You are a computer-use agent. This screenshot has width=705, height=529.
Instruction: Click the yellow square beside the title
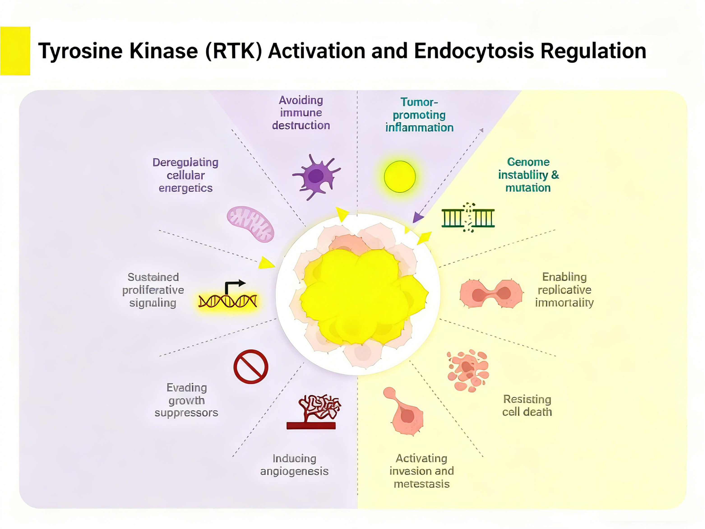tap(15, 51)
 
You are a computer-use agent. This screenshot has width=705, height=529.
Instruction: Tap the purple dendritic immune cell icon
tap(316, 176)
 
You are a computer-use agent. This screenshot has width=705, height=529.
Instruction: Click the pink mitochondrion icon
tap(250, 224)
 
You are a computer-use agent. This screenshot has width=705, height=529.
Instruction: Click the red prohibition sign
tap(251, 367)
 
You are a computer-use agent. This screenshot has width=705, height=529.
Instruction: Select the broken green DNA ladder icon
tap(468, 218)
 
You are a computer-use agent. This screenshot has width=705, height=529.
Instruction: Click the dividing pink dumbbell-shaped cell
tap(491, 294)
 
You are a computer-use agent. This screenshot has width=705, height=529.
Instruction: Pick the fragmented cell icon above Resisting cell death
tap(468, 371)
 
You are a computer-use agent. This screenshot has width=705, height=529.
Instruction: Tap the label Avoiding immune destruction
tap(301, 113)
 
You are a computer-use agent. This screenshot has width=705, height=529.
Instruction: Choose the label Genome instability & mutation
tap(528, 175)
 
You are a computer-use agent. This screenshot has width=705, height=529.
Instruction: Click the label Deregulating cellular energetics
tap(185, 175)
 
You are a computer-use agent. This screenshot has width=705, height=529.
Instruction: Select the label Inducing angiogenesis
tap(294, 465)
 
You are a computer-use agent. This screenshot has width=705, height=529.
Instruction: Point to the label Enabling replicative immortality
tap(564, 290)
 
